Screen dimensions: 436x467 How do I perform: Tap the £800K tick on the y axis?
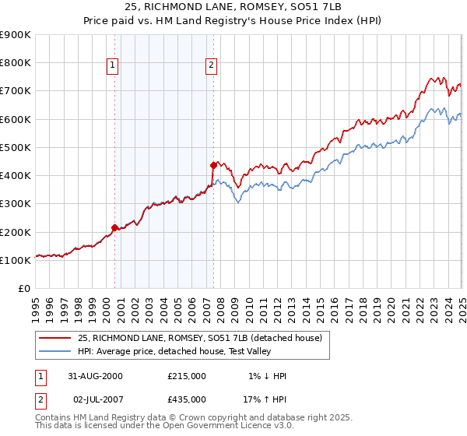[x=16, y=63]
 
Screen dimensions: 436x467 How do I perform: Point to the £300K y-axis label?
[x=16, y=204]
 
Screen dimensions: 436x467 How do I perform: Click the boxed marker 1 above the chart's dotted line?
[x=114, y=66]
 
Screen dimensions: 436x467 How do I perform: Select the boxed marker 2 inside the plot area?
[x=211, y=66]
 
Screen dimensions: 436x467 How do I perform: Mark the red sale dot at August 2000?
[x=115, y=227]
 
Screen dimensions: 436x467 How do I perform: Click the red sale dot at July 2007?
[x=212, y=165]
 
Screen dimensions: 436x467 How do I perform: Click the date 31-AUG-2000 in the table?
[x=96, y=376]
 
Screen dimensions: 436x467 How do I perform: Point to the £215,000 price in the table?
[x=187, y=376]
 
